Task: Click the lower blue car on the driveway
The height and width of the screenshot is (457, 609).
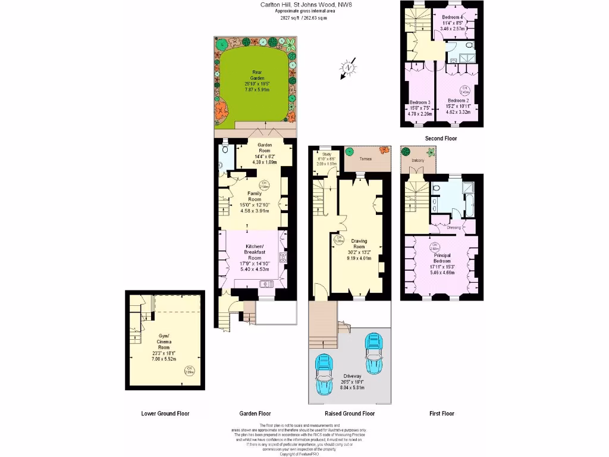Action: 325,375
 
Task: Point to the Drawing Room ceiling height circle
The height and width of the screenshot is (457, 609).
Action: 339,240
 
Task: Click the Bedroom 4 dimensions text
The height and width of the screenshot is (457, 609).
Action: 454,26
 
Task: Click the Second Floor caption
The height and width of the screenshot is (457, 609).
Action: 441,138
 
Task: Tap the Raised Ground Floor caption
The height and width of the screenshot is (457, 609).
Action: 349,413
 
